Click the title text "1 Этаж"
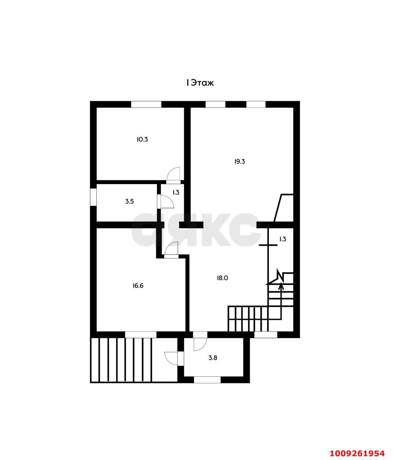click(200, 83)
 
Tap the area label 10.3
click(142, 139)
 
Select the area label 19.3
click(240, 162)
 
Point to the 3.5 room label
click(129, 202)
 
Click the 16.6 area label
click(138, 286)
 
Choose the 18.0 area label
click(222, 278)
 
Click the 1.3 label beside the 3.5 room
click(176, 192)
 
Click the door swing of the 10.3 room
click(173, 174)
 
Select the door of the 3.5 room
click(167, 202)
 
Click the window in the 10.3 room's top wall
click(146, 104)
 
